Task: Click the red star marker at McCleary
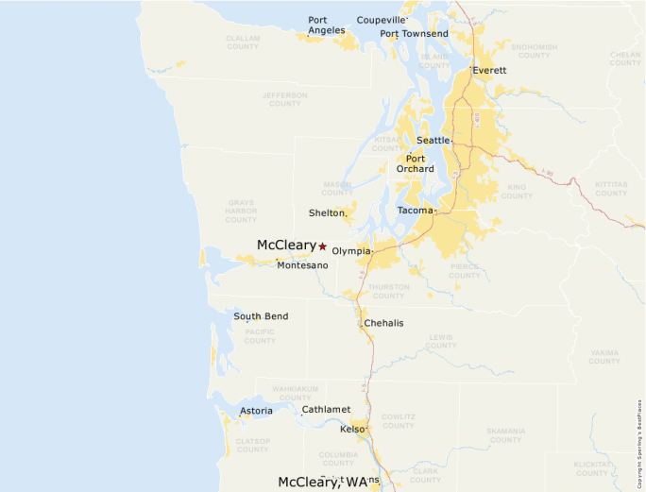pyautogui.click(x=322, y=246)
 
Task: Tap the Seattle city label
pyautogui.click(x=433, y=141)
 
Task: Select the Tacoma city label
pyautogui.click(x=415, y=211)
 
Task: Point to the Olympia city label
pyautogui.click(x=351, y=251)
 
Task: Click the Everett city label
pyautogui.click(x=489, y=71)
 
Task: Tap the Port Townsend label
pyautogui.click(x=414, y=34)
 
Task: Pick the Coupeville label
pyautogui.click(x=382, y=20)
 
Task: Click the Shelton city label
pyautogui.click(x=327, y=213)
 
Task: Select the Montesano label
pyautogui.click(x=302, y=265)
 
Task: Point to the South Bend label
pyautogui.click(x=261, y=316)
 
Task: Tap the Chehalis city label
pyautogui.click(x=383, y=323)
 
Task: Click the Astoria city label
pyautogui.click(x=256, y=411)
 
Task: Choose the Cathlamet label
pyautogui.click(x=326, y=409)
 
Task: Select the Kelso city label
pyautogui.click(x=352, y=430)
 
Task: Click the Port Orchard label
pyautogui.click(x=415, y=164)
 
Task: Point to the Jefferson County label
pyautogui.click(x=285, y=99)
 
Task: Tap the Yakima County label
pyautogui.click(x=604, y=356)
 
